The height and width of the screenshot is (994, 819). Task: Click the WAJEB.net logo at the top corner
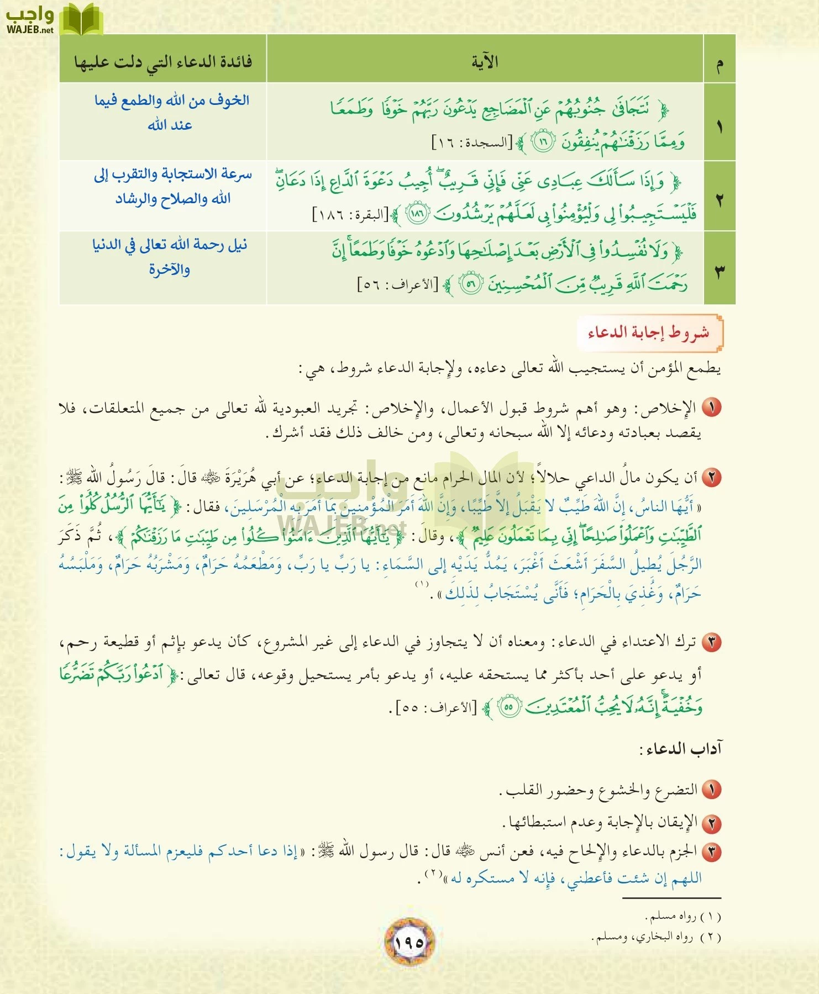coord(53,19)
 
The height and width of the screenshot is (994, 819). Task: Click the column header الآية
coord(485,61)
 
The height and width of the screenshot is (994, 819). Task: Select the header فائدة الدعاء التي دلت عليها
coord(163,61)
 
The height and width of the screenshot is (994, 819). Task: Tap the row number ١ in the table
coord(719,126)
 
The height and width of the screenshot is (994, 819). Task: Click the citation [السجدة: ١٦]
coord(472,142)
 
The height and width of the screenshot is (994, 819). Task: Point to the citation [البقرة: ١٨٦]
coord(350,214)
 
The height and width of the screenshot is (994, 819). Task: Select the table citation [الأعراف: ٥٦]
coord(398,285)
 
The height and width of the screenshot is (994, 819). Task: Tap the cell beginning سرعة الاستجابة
coord(172,186)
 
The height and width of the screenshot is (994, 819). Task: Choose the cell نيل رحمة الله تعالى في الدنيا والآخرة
coord(169,256)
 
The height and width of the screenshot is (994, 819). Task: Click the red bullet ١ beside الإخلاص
coord(712,408)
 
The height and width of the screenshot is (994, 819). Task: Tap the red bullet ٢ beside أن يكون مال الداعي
coord(712,477)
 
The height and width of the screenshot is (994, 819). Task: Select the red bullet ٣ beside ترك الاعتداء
coord(712,642)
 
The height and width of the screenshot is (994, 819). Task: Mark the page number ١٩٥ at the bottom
coord(409,942)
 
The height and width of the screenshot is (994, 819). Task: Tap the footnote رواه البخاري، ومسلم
coord(657,937)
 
